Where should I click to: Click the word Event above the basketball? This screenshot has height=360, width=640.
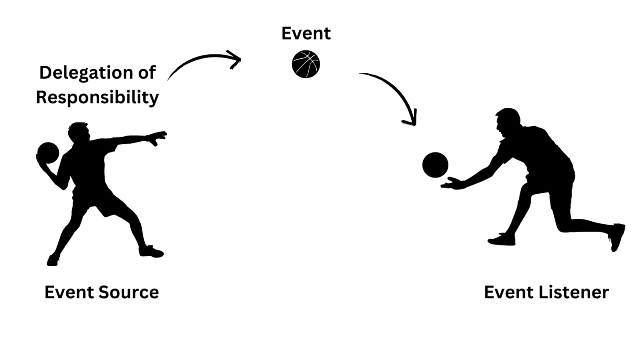click(306, 33)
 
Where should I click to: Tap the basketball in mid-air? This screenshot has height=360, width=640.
click(306, 64)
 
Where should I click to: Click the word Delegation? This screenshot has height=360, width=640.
click(85, 72)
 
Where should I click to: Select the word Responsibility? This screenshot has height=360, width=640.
click(97, 97)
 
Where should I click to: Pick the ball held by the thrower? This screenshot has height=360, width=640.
click(48, 153)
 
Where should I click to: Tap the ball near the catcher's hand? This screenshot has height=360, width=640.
click(435, 165)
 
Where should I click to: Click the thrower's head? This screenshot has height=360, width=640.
click(80, 132)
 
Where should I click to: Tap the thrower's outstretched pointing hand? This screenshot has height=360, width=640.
click(158, 137)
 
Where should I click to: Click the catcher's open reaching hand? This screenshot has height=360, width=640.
click(452, 183)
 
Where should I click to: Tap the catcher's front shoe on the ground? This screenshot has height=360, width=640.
click(502, 240)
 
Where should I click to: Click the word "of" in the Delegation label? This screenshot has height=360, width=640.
click(147, 72)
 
